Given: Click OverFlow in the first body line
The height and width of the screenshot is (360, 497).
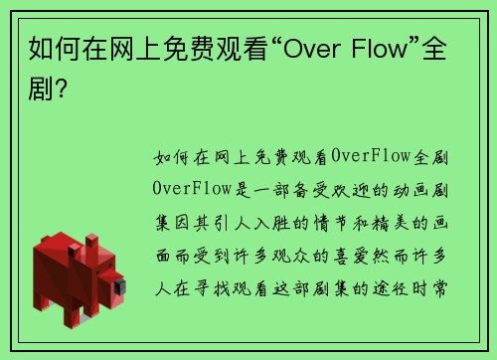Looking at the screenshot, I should (368, 156).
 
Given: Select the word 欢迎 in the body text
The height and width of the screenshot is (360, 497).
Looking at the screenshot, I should (353, 187).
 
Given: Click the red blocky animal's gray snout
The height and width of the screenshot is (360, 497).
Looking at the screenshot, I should (119, 288).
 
